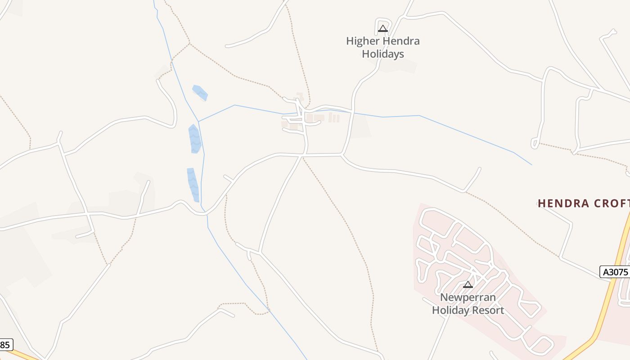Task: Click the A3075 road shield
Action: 615,272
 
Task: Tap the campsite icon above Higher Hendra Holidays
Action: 382,29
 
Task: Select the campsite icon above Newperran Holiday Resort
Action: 468,284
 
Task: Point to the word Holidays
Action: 383,54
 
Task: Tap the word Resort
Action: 488,310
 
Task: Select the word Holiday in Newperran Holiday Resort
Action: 450,310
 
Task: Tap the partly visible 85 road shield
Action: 5,345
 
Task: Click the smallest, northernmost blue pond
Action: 200,92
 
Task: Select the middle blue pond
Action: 194,139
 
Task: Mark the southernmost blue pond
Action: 193,184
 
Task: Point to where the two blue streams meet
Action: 199,121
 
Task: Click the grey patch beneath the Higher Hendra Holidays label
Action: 398,67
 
